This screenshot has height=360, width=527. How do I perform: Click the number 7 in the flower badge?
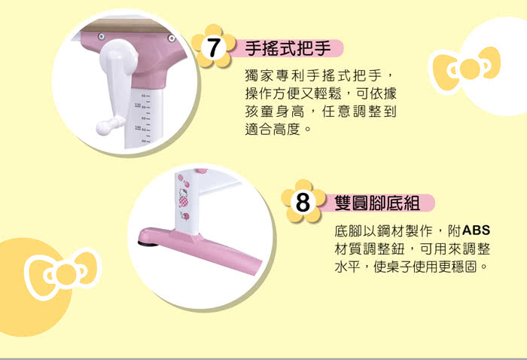[x=213, y=47]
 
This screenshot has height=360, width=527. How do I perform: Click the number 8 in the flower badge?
[x=303, y=203]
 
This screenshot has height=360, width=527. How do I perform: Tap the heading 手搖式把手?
[x=288, y=48]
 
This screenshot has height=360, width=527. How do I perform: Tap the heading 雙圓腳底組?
[x=377, y=203]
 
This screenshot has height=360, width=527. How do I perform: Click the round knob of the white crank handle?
[x=102, y=128]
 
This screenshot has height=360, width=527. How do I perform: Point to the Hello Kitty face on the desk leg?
[x=184, y=194]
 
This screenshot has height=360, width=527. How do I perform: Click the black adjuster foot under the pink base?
[x=148, y=243]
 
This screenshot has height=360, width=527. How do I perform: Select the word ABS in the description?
[x=477, y=230]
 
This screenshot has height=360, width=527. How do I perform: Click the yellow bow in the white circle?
[x=467, y=69]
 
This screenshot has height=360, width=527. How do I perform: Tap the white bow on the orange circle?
[x=62, y=273]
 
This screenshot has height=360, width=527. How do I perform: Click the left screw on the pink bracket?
[x=102, y=36]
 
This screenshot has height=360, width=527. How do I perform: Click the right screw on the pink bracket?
[x=172, y=38]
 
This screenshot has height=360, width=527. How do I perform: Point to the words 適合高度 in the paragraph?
[x=273, y=129]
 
